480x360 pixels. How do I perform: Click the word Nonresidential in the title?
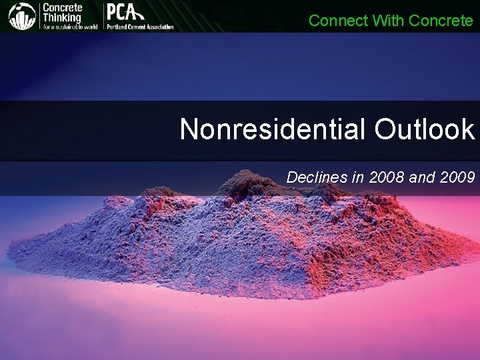click(273, 129)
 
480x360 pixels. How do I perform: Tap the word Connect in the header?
click(338, 21)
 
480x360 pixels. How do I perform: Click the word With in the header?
click(389, 21)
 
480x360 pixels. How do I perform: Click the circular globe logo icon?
click(21, 16)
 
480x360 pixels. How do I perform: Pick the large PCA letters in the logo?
click(124, 13)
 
